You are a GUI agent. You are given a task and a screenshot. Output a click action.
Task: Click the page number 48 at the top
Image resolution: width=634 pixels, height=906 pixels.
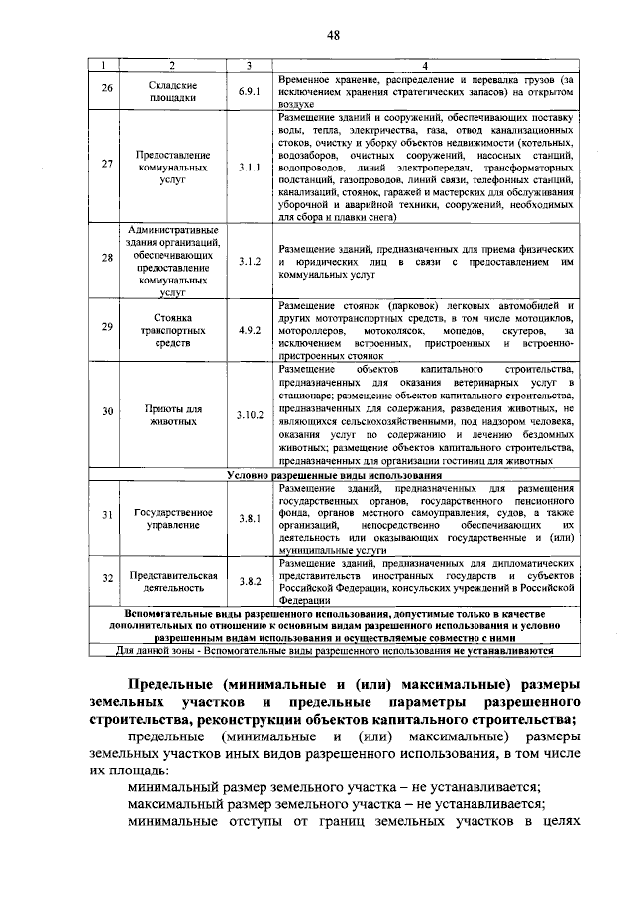333,36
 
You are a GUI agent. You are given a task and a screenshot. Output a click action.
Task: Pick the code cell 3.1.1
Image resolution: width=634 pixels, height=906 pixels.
249,169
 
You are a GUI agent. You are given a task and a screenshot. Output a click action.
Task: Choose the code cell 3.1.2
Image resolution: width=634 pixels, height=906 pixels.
249,261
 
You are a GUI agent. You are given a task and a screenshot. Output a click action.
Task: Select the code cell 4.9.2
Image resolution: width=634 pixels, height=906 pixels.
249,330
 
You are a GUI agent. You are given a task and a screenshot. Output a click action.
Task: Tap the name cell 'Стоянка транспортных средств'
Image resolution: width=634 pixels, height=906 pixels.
172,330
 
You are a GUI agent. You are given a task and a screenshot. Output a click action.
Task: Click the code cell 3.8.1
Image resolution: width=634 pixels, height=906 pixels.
249,518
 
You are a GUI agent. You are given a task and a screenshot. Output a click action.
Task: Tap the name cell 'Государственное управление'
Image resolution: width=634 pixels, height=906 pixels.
172,518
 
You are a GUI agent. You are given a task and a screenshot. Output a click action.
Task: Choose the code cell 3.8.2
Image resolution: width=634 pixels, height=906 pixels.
249,581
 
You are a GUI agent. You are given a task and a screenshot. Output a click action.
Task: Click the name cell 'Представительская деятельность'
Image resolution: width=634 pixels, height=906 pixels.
172,581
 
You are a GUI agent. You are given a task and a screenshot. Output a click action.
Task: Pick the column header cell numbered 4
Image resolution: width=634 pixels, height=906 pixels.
425,65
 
